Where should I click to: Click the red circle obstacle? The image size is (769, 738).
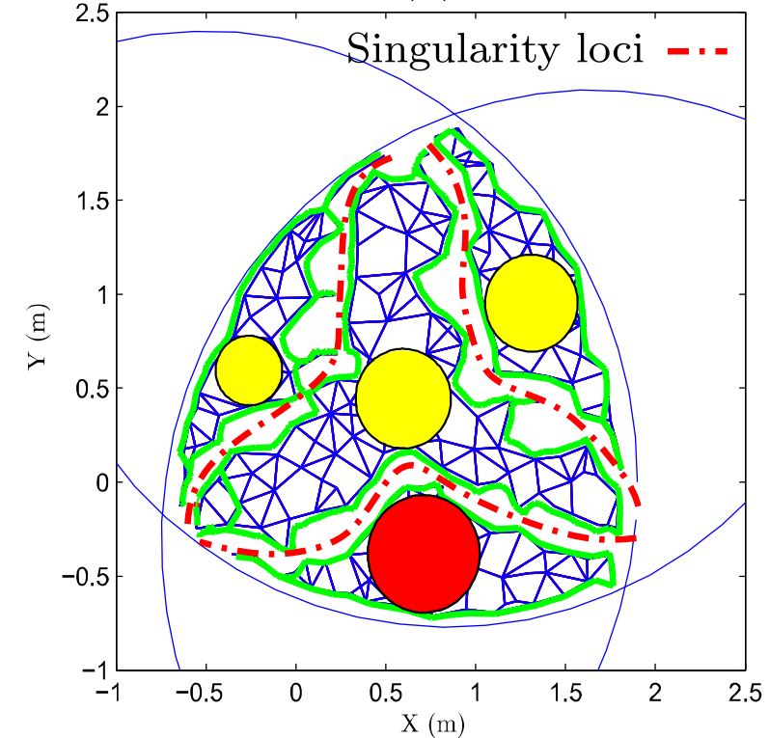[424, 554]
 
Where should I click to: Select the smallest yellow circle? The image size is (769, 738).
[248, 369]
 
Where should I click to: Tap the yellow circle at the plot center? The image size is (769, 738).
[403, 398]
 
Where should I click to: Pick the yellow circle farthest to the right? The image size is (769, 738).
[532, 302]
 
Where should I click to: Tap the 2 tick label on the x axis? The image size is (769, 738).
[655, 692]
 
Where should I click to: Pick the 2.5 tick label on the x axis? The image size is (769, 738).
[744, 692]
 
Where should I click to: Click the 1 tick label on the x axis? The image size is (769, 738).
[476, 692]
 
